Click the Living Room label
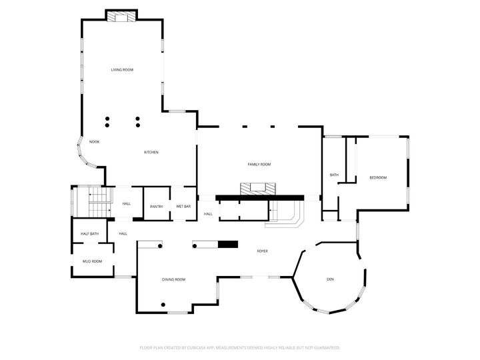pyautogui.click(x=122, y=69)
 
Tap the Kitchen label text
pyautogui.click(x=151, y=152)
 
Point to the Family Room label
pyautogui.click(x=259, y=164)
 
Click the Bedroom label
pyautogui.click(x=378, y=177)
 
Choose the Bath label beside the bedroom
pyautogui.click(x=334, y=175)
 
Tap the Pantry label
pyautogui.click(x=157, y=207)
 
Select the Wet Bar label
pyautogui.click(x=183, y=207)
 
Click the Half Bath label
pyautogui.click(x=90, y=233)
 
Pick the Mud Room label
pyautogui.click(x=92, y=261)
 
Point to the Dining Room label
pyautogui.click(x=173, y=279)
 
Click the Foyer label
pyautogui.click(x=263, y=251)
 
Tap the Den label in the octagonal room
pyautogui.click(x=330, y=279)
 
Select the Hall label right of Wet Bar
pyautogui.click(x=208, y=214)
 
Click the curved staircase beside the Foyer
pyautogui.click(x=287, y=215)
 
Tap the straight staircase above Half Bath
pyautogui.click(x=98, y=201)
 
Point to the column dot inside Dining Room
pyautogui.click(x=162, y=305)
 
